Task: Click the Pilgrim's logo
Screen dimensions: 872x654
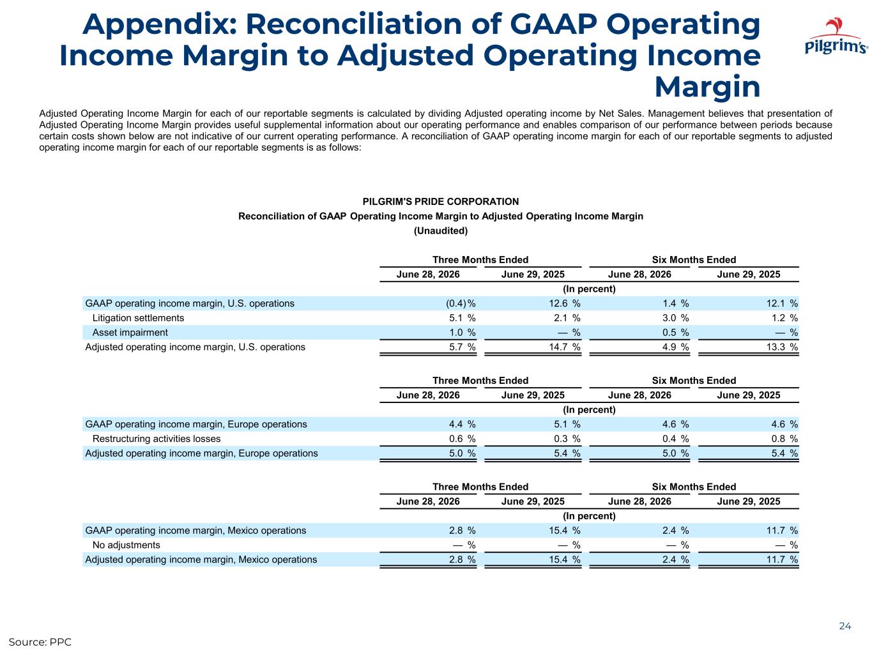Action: tap(836, 35)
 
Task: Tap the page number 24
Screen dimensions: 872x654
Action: tap(845, 626)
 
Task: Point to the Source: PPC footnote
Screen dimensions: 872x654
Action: tap(40, 642)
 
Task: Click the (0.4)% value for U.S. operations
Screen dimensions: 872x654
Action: tap(461, 303)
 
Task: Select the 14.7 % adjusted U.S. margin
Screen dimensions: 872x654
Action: tap(565, 347)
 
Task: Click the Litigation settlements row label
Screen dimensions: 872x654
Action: tap(138, 317)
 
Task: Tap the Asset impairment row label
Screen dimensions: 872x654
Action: tap(130, 332)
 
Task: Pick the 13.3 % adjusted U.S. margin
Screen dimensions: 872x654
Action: tap(782, 347)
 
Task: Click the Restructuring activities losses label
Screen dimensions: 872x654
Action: tap(157, 439)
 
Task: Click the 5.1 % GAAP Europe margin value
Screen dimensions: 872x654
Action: tap(567, 424)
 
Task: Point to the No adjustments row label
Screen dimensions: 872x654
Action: tap(126, 545)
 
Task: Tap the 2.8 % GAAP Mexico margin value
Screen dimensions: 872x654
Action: tap(463, 531)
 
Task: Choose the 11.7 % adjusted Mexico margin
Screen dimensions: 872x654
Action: tap(782, 559)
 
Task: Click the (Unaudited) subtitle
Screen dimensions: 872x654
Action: tap(441, 231)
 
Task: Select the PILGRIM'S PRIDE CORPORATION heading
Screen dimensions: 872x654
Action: tap(441, 201)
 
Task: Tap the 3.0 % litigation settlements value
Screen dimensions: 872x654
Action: tap(675, 317)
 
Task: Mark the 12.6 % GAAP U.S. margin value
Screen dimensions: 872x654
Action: tap(565, 303)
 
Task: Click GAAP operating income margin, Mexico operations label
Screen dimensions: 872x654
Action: tap(196, 531)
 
